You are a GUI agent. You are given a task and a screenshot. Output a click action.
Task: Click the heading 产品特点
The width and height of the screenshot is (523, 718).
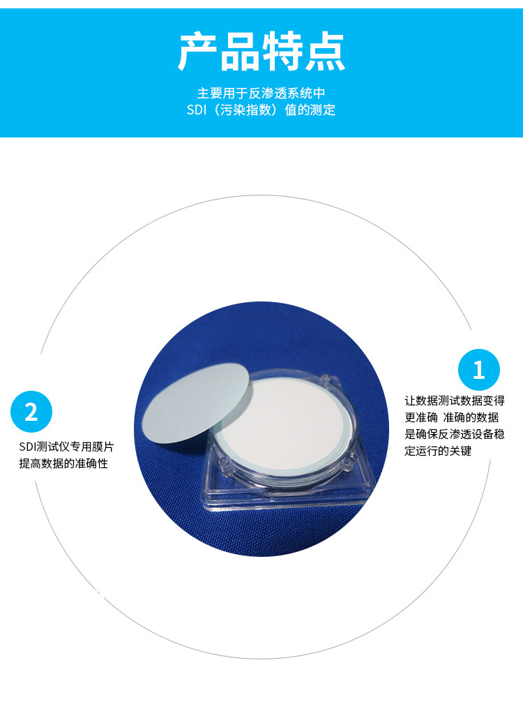click(261, 52)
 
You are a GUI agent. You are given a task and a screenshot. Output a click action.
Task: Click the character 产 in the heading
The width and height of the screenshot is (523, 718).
click(197, 52)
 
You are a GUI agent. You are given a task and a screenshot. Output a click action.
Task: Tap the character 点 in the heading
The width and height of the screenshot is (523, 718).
click(325, 52)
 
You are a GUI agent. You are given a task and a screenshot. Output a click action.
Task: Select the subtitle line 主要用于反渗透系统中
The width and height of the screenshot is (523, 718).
click(261, 94)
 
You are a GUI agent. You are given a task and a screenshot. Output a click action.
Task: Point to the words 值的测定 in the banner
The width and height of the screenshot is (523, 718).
click(310, 110)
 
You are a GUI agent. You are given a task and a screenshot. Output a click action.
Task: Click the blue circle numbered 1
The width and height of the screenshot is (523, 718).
click(478, 370)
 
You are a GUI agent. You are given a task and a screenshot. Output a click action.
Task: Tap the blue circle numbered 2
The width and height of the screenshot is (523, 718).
click(31, 412)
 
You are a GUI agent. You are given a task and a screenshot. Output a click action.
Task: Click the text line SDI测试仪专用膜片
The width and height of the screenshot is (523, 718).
click(66, 447)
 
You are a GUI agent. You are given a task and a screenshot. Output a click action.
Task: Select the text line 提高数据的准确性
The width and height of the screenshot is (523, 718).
click(63, 463)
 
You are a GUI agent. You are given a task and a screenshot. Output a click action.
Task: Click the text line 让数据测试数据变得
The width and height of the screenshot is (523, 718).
click(455, 401)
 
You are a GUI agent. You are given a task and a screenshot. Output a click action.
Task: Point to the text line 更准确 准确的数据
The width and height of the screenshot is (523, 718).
click(452, 417)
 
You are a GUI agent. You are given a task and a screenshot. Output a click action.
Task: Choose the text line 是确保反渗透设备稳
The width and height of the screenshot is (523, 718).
click(455, 434)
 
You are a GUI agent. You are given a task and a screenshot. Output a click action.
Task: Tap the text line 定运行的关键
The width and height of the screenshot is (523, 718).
click(438, 451)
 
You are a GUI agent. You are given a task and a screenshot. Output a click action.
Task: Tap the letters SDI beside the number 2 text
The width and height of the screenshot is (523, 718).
click(27, 447)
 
